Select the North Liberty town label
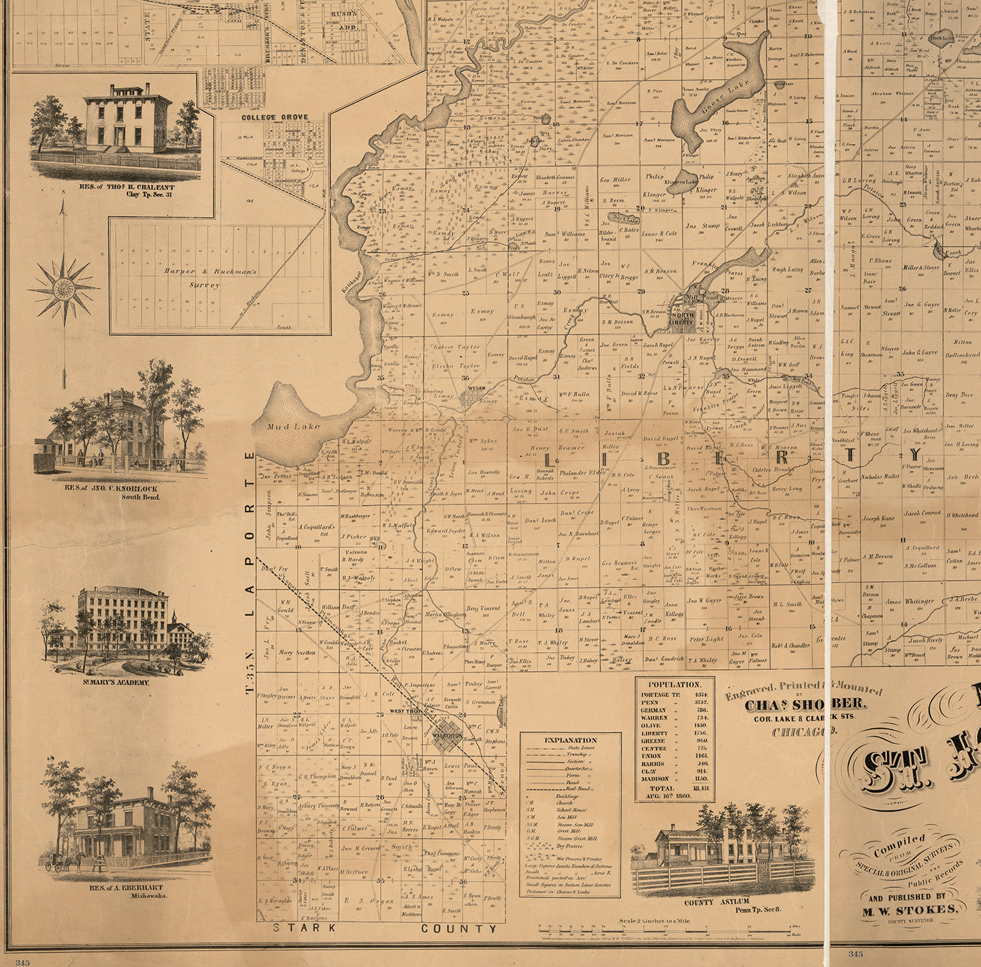[x=682, y=318]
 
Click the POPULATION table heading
[x=674, y=684]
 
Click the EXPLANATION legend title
[x=570, y=739]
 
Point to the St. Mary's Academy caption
[x=116, y=681]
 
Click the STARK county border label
[x=305, y=927]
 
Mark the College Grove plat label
[x=275, y=117]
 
